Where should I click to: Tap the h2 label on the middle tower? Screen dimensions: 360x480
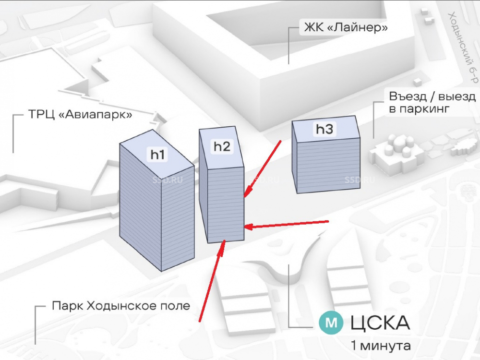(x=222, y=146)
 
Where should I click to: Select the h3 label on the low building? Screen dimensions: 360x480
(x=324, y=129)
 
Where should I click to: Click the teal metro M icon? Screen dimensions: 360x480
(x=332, y=323)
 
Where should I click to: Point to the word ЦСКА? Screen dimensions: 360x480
(x=380, y=323)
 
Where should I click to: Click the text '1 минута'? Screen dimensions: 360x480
(x=381, y=345)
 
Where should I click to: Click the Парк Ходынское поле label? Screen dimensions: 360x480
(x=121, y=306)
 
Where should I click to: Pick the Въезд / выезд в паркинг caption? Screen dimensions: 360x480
(x=432, y=103)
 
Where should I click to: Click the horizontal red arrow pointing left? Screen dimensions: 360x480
(x=287, y=224)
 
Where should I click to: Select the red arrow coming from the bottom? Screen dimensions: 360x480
(x=212, y=281)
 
